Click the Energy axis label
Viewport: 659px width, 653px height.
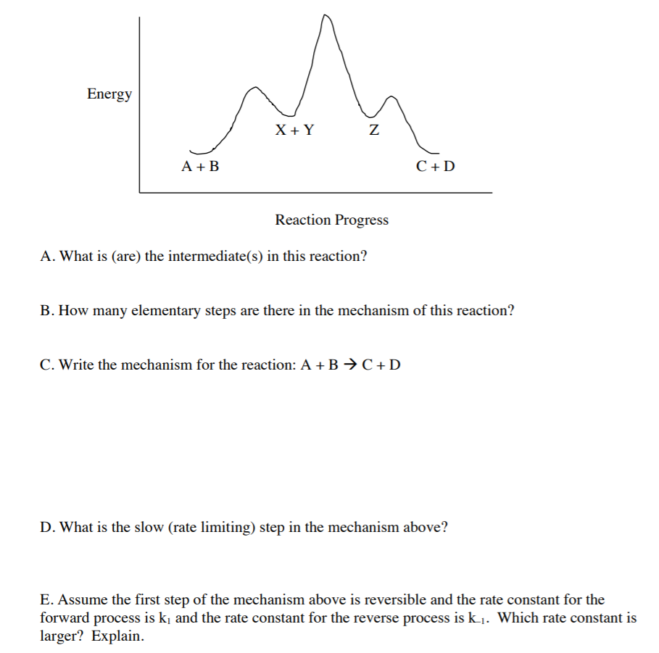[109, 93]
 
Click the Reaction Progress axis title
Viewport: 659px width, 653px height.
[331, 220]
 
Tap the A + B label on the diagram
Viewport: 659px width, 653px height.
[200, 167]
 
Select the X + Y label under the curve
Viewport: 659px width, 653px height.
[294, 130]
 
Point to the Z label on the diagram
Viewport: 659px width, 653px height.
[373, 131]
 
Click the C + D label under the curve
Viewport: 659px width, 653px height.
[436, 167]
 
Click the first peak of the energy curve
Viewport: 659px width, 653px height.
[253, 88]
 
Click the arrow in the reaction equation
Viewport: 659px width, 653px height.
[349, 364]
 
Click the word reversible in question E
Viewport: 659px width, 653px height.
[399, 600]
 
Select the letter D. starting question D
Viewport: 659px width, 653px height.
[48, 528]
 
